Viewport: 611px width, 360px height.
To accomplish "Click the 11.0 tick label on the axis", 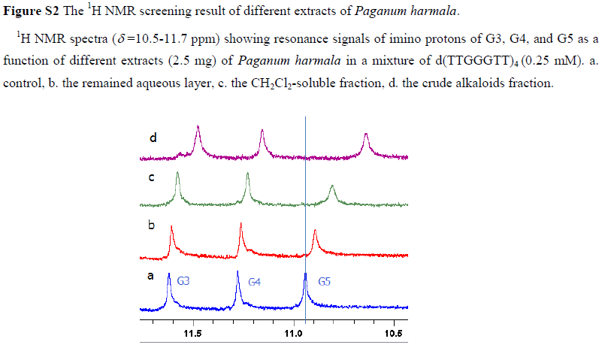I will click(x=293, y=334).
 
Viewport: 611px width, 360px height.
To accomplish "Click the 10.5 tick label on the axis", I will click(x=393, y=334).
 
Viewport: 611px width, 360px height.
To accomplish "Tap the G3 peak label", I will click(x=183, y=282).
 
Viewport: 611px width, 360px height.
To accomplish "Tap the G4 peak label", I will click(x=255, y=282).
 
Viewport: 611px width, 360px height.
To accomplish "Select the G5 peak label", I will click(x=325, y=282).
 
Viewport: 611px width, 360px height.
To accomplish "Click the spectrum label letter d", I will click(x=153, y=138).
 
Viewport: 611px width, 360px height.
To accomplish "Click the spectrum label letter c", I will click(x=151, y=178).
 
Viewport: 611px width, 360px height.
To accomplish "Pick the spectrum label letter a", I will click(x=150, y=276).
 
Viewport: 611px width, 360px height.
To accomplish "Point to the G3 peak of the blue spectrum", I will click(x=169, y=282).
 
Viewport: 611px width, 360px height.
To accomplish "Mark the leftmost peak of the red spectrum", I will click(x=171, y=228).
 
